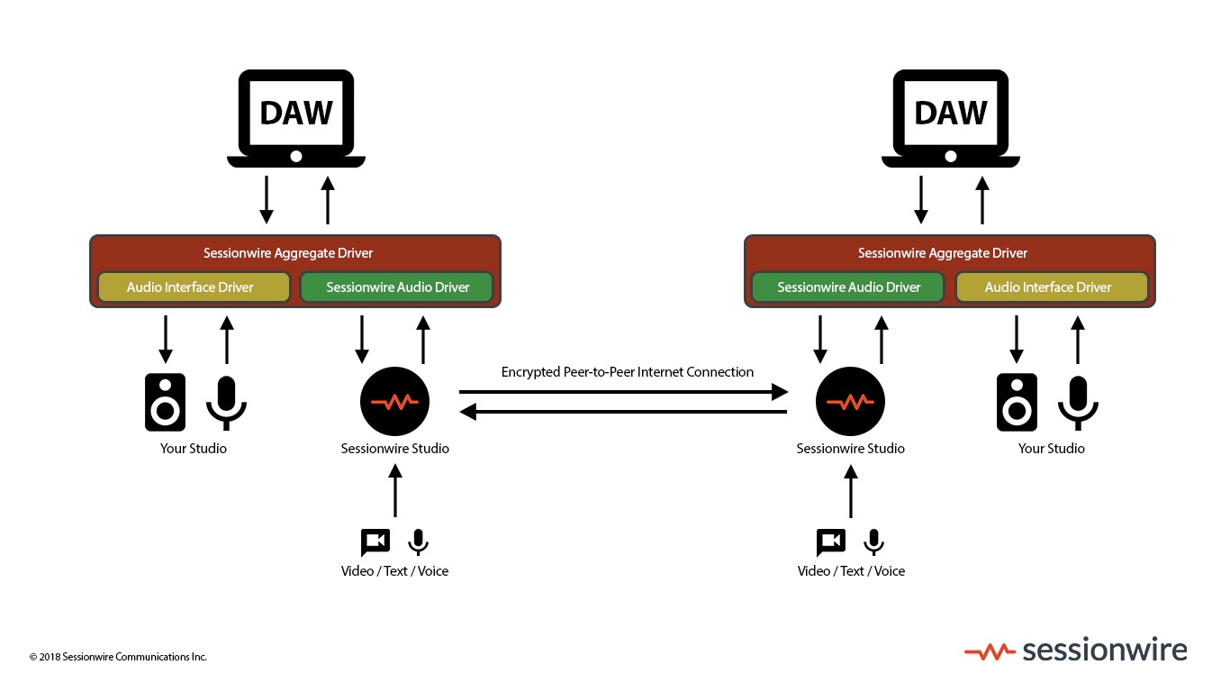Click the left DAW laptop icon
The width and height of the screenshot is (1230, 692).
(x=295, y=118)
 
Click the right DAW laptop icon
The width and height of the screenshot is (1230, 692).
(x=950, y=118)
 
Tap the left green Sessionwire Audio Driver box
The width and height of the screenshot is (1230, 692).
(x=397, y=287)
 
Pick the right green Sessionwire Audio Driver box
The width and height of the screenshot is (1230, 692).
(x=848, y=287)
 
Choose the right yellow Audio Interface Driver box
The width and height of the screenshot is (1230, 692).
(x=1051, y=287)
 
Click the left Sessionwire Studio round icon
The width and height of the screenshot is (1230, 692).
(x=394, y=402)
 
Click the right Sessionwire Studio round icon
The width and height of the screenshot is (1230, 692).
(x=850, y=402)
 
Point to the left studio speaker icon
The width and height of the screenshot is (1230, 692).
(x=166, y=402)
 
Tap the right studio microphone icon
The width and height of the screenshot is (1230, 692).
(x=1078, y=402)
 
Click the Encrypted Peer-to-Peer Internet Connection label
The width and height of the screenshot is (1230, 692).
(x=627, y=371)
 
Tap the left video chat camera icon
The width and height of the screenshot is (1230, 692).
(x=375, y=542)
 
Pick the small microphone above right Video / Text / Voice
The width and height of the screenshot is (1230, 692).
(x=873, y=542)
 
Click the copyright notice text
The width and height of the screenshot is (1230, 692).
(x=118, y=657)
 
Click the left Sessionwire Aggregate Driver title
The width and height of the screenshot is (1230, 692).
(x=288, y=253)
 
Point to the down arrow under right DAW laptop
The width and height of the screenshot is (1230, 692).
(x=920, y=200)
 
